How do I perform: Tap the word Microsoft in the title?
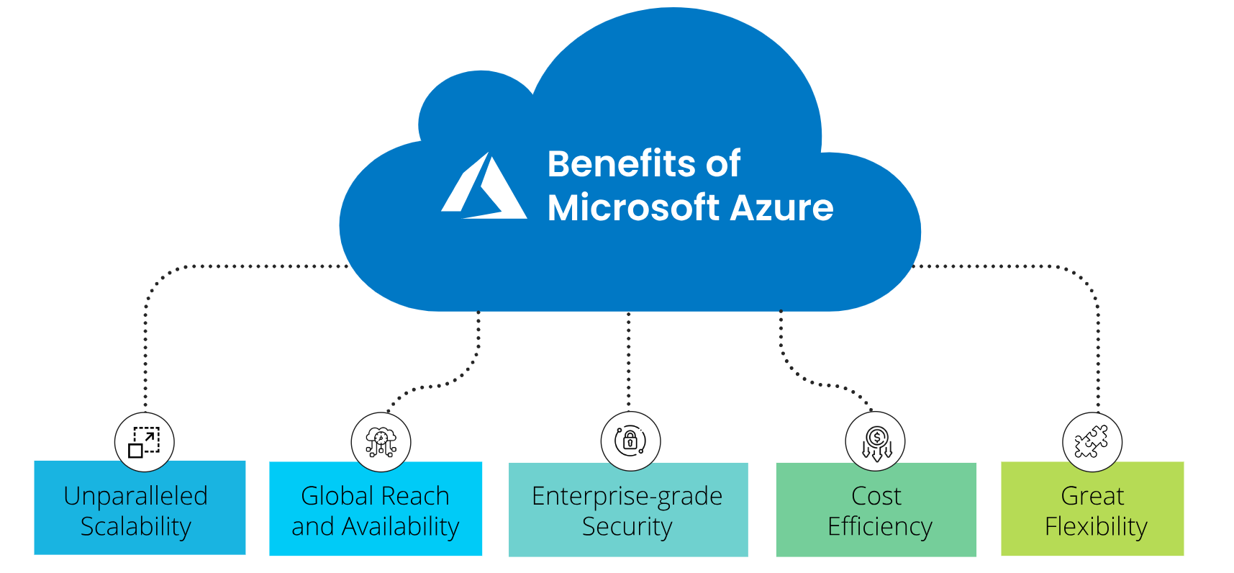coord(633,207)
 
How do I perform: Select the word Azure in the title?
coord(781,207)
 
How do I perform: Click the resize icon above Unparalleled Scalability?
coord(144,442)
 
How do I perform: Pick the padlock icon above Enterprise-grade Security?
coord(630,441)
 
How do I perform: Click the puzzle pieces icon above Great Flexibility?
coord(1092,442)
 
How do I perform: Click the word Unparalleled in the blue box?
coord(135,497)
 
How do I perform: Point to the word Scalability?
coord(135,527)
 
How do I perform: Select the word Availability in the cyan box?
coord(400,527)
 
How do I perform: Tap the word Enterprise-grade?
coord(627,497)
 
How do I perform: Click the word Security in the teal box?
coord(627,527)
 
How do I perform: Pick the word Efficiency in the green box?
coord(879,527)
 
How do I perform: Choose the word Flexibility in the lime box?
coord(1095,527)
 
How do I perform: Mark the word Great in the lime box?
coord(1092,496)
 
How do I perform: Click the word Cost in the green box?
coord(876,496)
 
